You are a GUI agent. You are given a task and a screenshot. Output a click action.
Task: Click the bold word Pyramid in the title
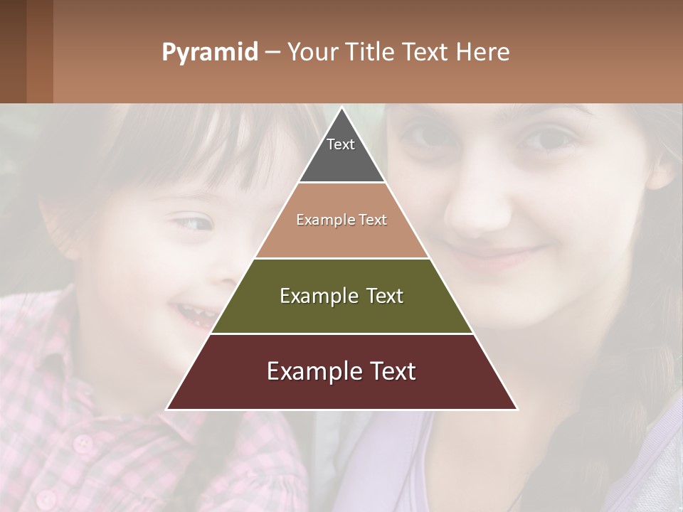[x=209, y=53]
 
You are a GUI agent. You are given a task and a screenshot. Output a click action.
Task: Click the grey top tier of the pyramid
[x=341, y=160]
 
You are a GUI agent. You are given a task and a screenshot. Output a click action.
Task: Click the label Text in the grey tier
[x=341, y=144]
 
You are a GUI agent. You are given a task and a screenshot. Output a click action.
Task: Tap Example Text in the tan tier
[x=341, y=220]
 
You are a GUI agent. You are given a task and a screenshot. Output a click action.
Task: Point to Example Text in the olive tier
[x=341, y=296]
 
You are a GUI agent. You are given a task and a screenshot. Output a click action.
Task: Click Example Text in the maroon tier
[x=341, y=371]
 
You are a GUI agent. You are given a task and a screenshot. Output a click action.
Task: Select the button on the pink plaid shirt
[x=84, y=444]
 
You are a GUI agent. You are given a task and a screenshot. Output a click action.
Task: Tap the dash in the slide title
[x=272, y=53]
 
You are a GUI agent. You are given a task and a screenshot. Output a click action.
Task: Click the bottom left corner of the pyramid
[x=167, y=409]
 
